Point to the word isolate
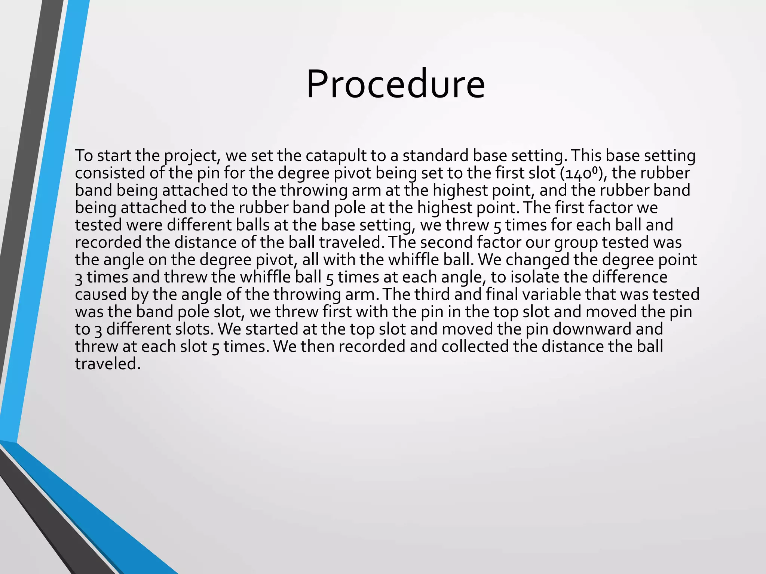coord(535,277)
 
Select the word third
coord(432,294)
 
